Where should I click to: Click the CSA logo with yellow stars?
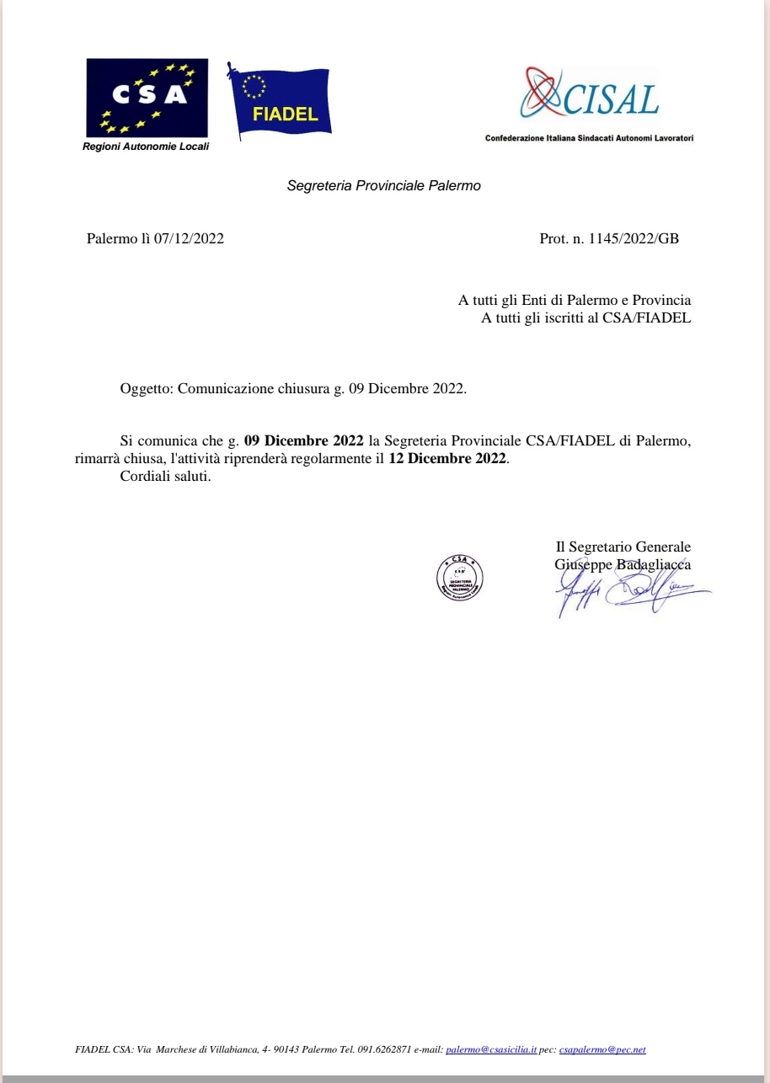pyautogui.click(x=147, y=98)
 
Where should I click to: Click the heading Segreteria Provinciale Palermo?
pyautogui.click(x=383, y=185)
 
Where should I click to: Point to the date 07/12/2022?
pyautogui.click(x=189, y=238)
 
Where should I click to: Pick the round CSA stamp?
pyautogui.click(x=459, y=577)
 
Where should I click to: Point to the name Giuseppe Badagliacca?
pyautogui.click(x=623, y=564)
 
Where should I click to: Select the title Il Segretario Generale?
pyautogui.click(x=623, y=547)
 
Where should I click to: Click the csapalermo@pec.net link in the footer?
pyautogui.click(x=602, y=1049)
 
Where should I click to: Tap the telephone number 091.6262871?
pyautogui.click(x=383, y=1049)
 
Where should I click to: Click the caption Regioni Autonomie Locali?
pyautogui.click(x=145, y=147)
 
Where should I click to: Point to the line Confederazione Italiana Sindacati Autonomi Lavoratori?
pyautogui.click(x=589, y=137)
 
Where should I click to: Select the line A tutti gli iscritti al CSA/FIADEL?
pyautogui.click(x=586, y=317)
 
